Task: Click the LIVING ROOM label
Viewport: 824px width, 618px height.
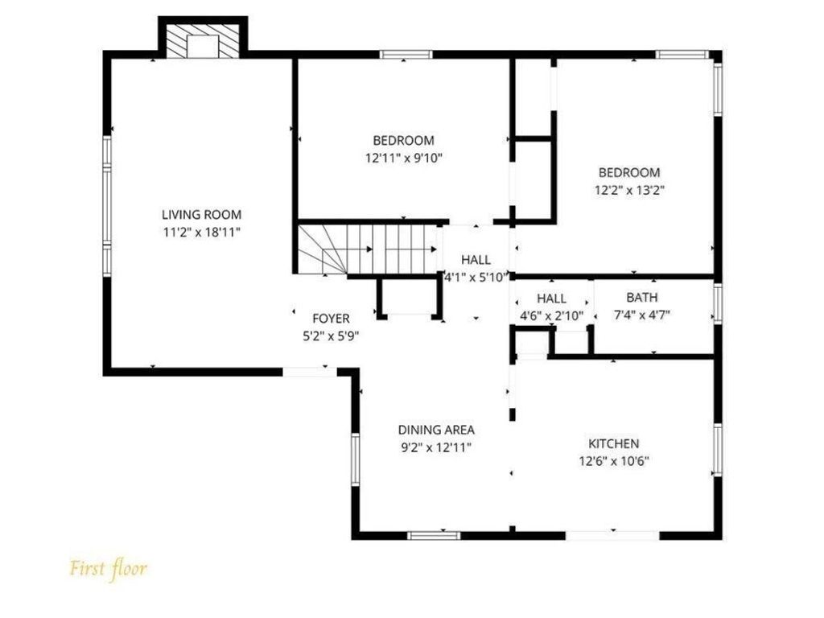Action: [201, 214]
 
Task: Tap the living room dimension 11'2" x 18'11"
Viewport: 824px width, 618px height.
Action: [201, 232]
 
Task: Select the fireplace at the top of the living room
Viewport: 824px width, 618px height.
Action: [202, 40]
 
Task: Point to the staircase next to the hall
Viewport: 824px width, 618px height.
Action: [368, 249]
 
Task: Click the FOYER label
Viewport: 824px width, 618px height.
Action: [331, 319]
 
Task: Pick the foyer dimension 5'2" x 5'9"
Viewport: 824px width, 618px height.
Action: [331, 336]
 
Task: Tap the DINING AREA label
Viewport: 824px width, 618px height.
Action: [436, 430]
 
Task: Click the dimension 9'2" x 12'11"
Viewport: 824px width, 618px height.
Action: [436, 447]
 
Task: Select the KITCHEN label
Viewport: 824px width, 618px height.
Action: [613, 443]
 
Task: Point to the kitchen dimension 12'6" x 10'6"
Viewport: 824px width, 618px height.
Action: [614, 461]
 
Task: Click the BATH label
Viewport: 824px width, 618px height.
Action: [641, 298]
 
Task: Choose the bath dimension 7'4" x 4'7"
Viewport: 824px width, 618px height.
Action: [641, 315]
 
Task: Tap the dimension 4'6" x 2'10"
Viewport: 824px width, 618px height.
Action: [552, 315]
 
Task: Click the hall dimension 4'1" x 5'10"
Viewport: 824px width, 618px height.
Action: [476, 277]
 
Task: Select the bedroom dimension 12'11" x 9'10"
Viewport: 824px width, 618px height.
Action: [404, 158]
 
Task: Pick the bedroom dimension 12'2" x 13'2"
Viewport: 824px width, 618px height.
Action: [629, 190]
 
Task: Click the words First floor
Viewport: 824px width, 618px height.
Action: [109, 569]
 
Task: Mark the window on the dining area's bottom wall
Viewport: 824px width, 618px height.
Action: [434, 535]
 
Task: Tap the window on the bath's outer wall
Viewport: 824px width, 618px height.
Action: [717, 303]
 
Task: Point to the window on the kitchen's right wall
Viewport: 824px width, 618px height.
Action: [717, 449]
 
